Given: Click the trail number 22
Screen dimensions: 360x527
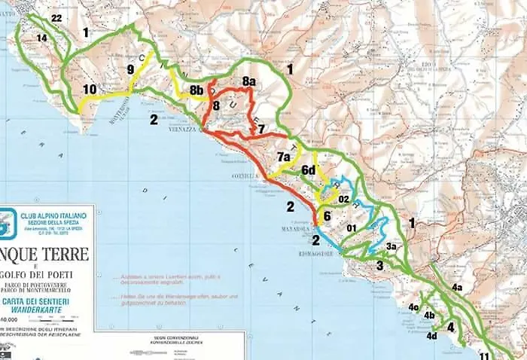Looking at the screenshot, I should [56, 18].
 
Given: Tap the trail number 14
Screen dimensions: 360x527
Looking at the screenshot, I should [41, 38].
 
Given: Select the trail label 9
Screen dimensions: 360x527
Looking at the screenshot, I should [131, 69].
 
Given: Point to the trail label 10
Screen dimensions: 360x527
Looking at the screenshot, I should [90, 89].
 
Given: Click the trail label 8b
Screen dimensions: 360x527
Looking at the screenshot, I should [196, 90].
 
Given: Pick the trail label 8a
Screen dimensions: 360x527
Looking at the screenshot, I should [249, 81].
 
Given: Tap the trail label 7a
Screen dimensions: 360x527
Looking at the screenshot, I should [284, 157].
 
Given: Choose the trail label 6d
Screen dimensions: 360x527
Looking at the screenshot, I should [309, 170].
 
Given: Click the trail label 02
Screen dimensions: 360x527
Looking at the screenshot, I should [343, 200].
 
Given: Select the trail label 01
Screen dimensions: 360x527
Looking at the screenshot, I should [351, 227].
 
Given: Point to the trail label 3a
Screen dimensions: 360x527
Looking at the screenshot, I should [391, 246].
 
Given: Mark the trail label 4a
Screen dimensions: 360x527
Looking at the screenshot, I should [457, 287].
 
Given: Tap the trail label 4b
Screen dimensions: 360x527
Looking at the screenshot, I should [429, 315].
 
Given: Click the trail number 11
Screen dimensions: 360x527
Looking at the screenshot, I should [484, 355].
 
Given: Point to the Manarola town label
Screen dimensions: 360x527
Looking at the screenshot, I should [294, 228].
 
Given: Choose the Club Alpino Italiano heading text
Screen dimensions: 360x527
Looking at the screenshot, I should [53, 216].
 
